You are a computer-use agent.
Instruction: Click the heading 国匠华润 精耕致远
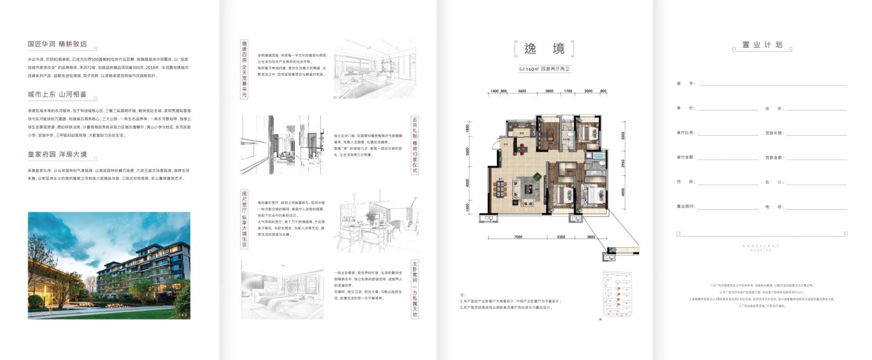point(57,44)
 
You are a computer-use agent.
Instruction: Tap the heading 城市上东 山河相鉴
point(57,93)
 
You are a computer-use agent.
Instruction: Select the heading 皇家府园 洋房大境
point(57,154)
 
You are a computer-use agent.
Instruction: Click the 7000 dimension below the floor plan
point(518,237)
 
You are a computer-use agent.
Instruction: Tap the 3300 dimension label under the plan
point(561,237)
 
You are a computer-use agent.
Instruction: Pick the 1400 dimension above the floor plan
point(495,92)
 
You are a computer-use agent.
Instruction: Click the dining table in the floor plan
point(521,148)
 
